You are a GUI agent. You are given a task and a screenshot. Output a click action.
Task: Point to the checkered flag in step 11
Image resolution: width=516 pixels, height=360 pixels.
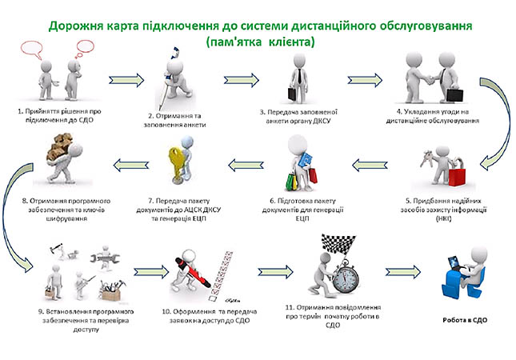click(334, 242)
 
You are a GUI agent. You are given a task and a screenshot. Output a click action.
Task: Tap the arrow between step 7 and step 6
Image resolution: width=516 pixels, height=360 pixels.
click(249, 166)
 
